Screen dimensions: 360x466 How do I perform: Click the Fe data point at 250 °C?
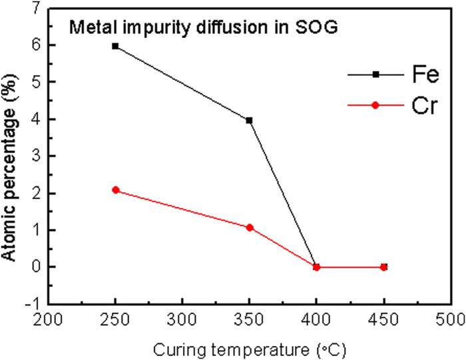(x=115, y=46)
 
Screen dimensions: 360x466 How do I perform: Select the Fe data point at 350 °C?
(x=249, y=120)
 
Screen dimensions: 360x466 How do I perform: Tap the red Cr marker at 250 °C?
(x=115, y=190)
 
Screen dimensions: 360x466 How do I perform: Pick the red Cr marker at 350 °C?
(x=249, y=228)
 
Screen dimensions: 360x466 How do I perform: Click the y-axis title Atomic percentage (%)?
(x=14, y=156)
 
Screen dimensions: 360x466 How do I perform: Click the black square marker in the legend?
(x=375, y=75)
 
